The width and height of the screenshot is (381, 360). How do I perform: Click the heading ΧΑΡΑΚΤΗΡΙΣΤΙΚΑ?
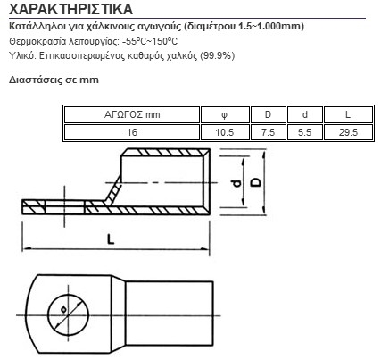pos(70,9)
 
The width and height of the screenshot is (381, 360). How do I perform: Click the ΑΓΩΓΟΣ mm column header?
pos(132,114)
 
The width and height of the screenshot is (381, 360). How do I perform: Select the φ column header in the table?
pos(225,114)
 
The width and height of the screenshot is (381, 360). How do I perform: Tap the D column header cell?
pos(268,114)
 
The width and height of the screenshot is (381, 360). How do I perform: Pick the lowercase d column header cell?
pos(305,114)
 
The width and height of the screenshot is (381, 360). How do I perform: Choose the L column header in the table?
pos(348,114)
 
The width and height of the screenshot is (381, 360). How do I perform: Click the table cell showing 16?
pos(132,132)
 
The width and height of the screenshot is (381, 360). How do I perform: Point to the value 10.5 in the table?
pos(225,132)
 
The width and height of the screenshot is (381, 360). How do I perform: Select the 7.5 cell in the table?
pos(268,132)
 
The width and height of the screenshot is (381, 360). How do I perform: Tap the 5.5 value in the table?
pos(305,132)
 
